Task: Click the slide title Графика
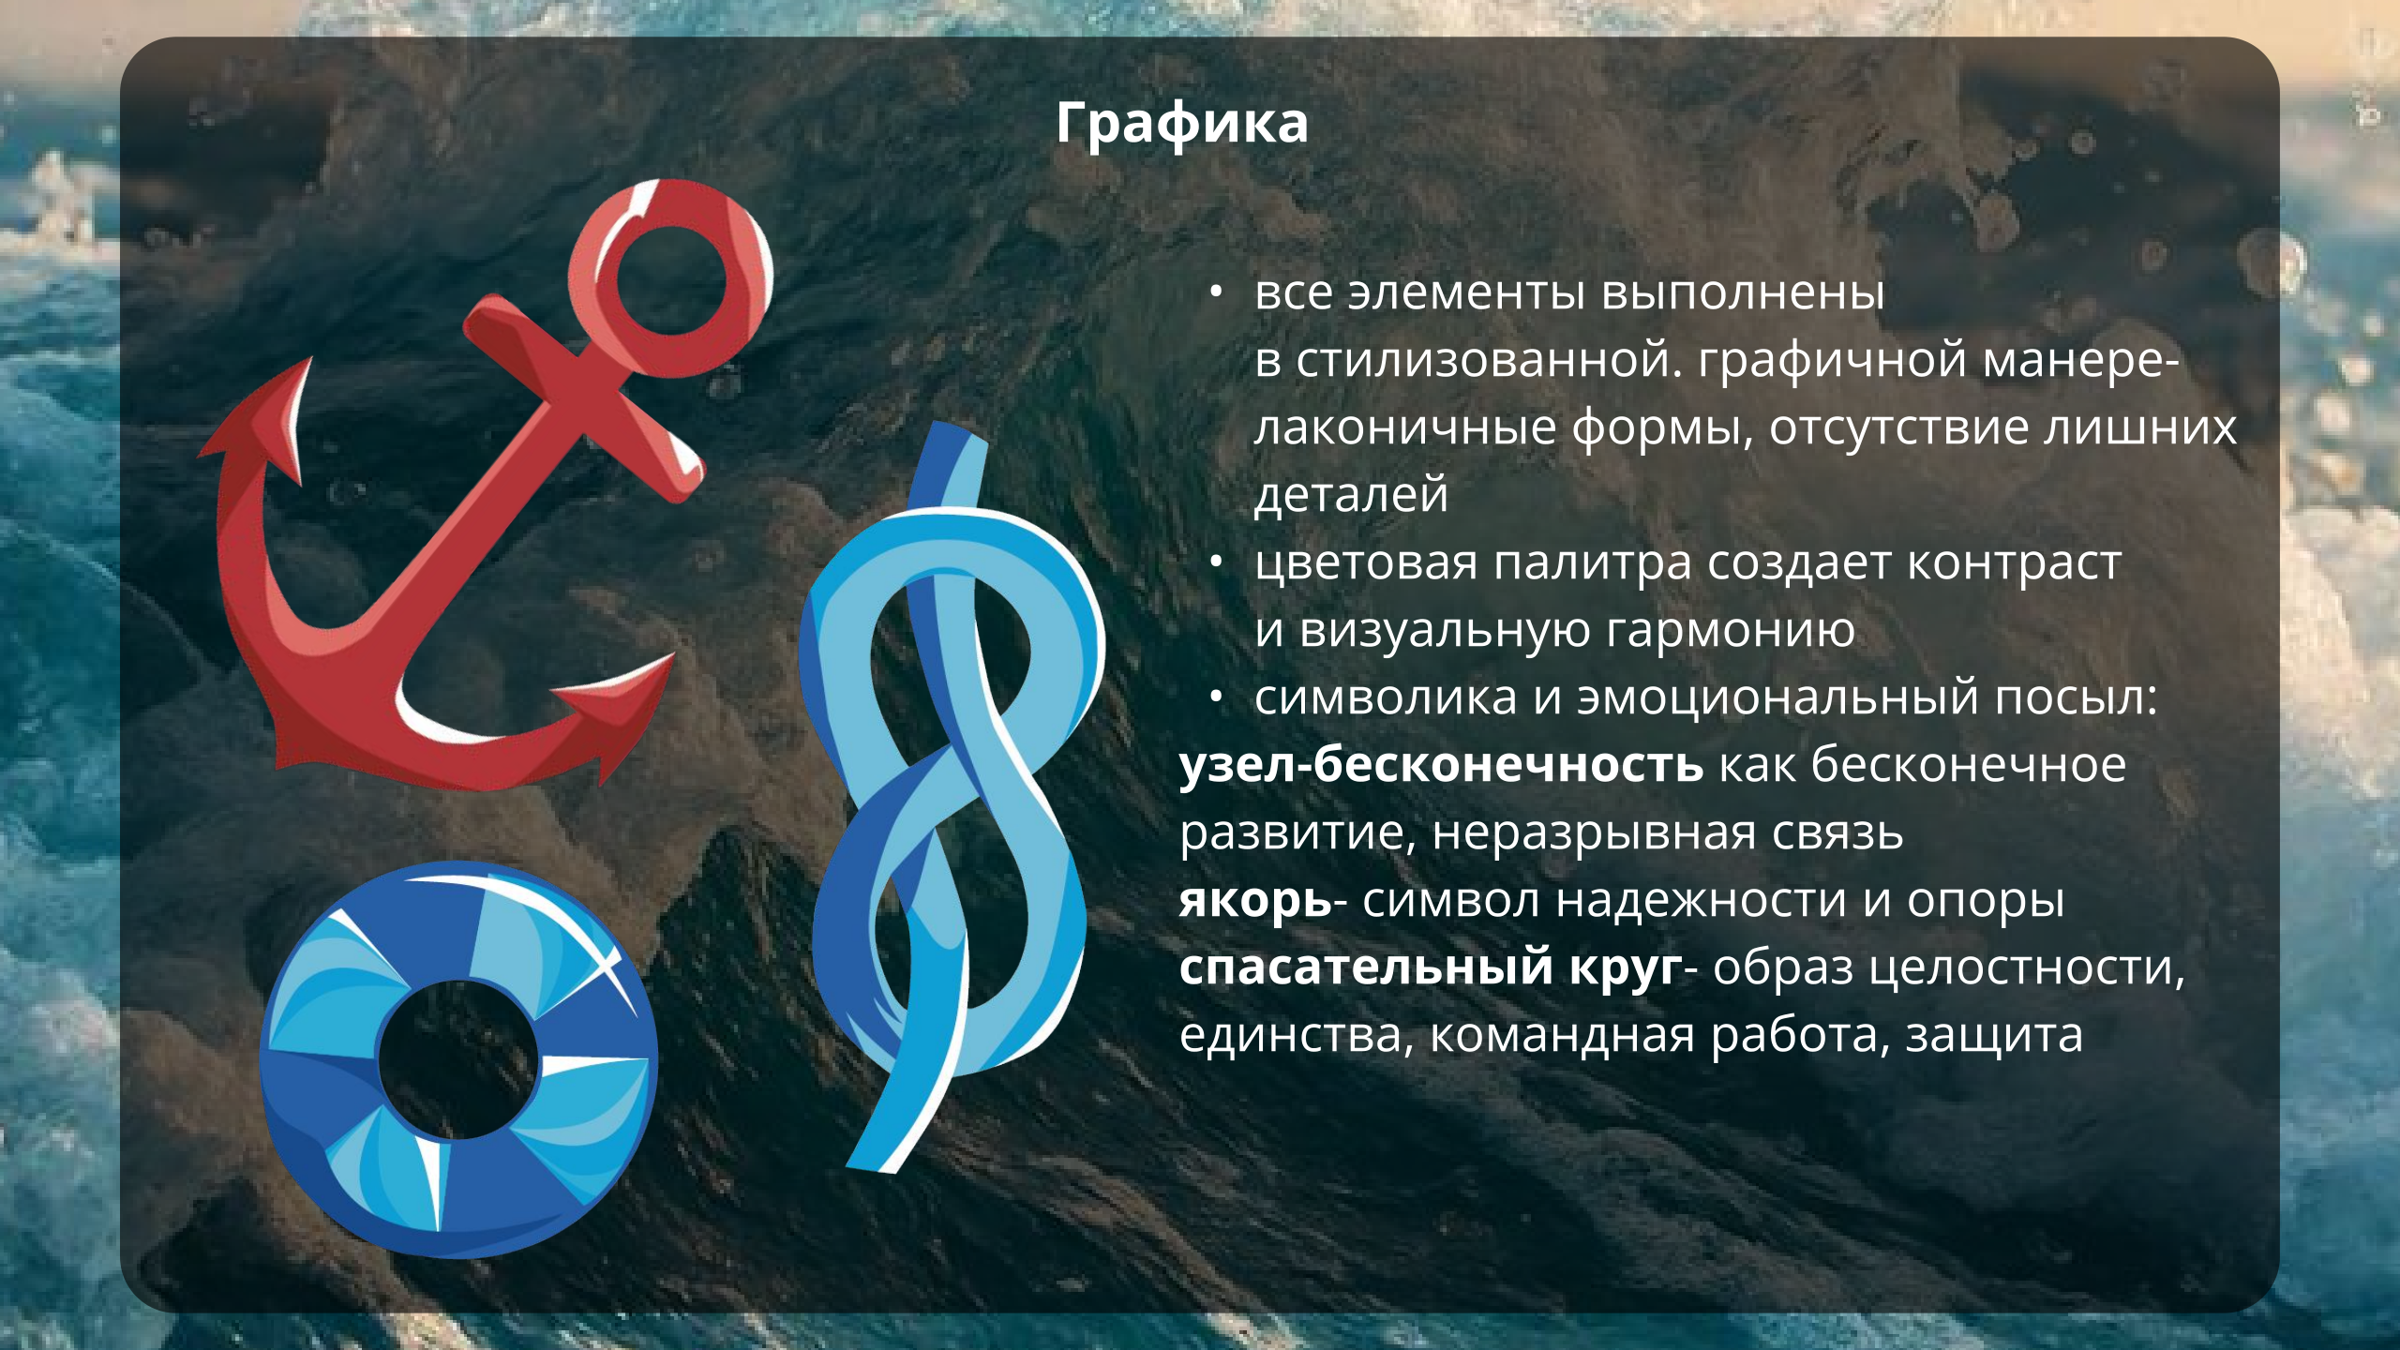pos(1181,124)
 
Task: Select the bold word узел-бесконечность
pos(1441,764)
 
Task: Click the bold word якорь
pos(1254,900)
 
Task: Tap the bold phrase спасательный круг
pos(1430,967)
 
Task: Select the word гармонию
pos(1730,630)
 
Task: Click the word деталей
pos(1351,495)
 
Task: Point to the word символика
pos(1386,697)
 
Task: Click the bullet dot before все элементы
pos(1216,293)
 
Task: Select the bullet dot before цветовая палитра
pos(1216,562)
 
